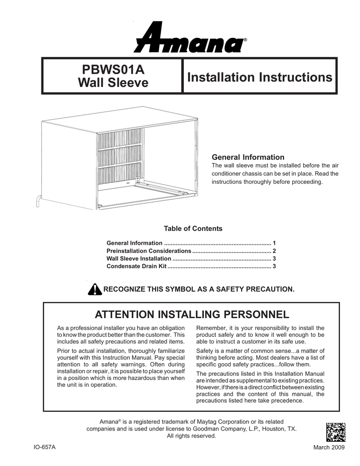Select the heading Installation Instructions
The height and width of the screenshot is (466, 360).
259,77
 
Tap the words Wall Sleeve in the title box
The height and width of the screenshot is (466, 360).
113,83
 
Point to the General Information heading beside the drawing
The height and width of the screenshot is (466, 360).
248,157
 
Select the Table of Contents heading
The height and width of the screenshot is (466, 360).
193,228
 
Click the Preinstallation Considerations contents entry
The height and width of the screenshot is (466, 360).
148,251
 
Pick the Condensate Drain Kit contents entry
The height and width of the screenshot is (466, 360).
137,266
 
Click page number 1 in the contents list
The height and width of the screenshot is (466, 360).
274,243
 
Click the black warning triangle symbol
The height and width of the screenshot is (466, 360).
94,289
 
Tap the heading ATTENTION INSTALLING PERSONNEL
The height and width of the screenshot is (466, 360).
191,314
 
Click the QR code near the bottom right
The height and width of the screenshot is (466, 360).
336,432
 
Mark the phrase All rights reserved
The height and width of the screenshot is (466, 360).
191,436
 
